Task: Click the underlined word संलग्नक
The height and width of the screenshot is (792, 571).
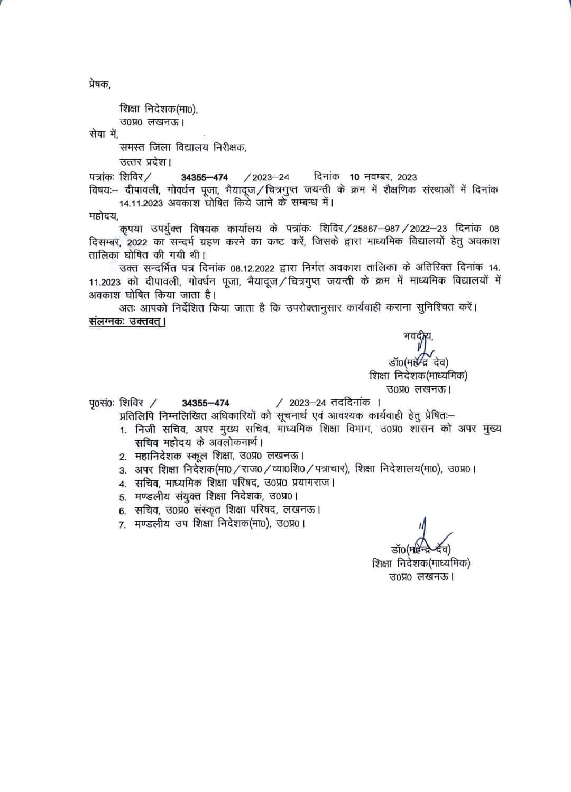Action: (x=106, y=321)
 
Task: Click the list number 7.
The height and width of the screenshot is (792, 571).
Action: (x=122, y=525)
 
